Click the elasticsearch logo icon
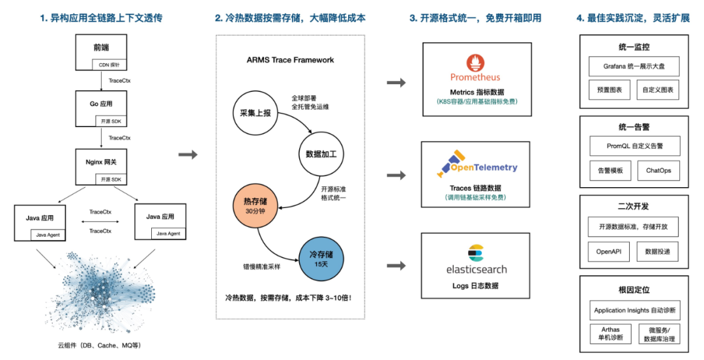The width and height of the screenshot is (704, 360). (x=475, y=252)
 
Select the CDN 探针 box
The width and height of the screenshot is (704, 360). (x=109, y=65)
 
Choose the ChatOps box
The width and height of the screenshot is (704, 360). (x=658, y=171)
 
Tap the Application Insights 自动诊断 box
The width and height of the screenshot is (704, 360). (x=634, y=310)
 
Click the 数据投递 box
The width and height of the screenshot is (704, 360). (x=658, y=251)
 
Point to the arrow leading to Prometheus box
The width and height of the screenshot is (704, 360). (x=396, y=83)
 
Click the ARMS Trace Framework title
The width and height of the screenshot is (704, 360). (x=290, y=60)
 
